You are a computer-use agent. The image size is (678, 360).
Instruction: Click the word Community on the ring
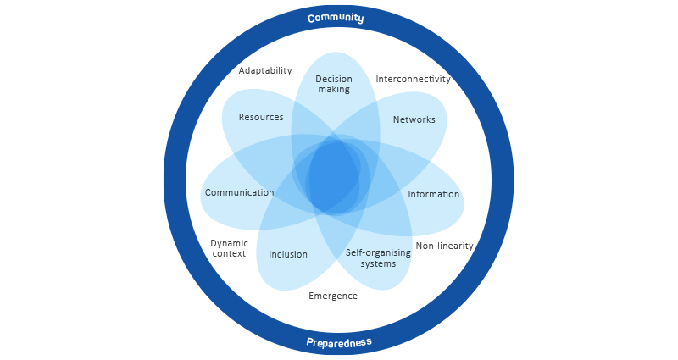[336, 18]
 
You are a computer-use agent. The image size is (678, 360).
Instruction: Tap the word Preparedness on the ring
[338, 343]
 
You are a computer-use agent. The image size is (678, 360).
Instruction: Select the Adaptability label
[265, 70]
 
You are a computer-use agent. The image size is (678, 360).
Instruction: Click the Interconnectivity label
[413, 79]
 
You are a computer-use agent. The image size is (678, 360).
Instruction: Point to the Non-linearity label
[444, 246]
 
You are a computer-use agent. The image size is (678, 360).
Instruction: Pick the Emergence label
[333, 296]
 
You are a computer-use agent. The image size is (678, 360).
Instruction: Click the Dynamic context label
[229, 248]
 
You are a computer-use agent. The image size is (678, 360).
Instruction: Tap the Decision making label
[333, 84]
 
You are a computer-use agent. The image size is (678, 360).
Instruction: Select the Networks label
[414, 119]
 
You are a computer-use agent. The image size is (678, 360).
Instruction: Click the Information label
[433, 194]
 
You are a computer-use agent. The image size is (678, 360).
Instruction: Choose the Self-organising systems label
[371, 258]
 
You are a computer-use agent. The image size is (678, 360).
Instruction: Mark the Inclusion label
[288, 254]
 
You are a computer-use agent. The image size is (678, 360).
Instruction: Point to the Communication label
[240, 192]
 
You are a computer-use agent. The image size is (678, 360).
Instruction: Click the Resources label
[261, 117]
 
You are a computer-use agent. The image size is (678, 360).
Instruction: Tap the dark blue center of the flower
[333, 178]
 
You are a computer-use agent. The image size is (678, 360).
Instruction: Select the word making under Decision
[333, 89]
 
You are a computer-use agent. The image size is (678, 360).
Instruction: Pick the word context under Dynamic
[229, 253]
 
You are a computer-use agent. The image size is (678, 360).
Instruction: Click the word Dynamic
[230, 243]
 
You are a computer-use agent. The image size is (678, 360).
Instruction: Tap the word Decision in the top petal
[333, 79]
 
